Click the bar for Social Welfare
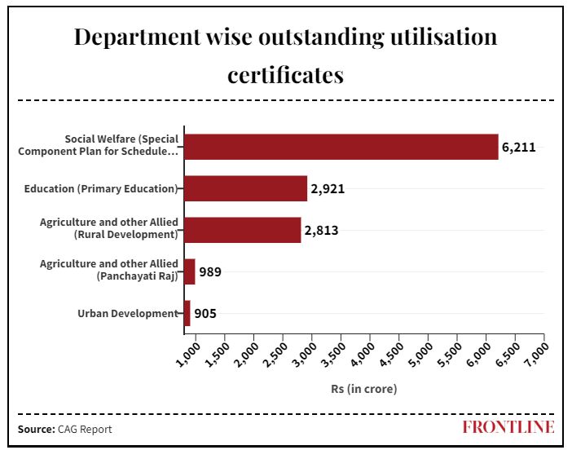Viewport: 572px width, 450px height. pos(341,147)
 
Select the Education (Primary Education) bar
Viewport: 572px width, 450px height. pos(245,188)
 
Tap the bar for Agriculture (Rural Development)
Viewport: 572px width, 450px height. pos(242,230)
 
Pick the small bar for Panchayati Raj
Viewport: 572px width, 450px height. pos(190,271)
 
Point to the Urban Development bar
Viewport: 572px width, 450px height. pos(187,313)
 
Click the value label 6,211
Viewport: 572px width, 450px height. pos(518,148)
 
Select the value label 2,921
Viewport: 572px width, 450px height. pos(328,189)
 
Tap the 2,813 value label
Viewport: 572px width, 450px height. pos(321,231)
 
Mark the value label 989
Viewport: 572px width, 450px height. pos(210,272)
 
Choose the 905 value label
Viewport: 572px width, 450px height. pos(205,314)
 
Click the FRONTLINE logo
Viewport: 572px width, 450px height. pos(508,427)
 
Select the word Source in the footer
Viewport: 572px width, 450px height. pos(36,429)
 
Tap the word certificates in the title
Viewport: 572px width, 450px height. pos(285,76)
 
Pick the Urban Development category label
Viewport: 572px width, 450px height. pos(127,313)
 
